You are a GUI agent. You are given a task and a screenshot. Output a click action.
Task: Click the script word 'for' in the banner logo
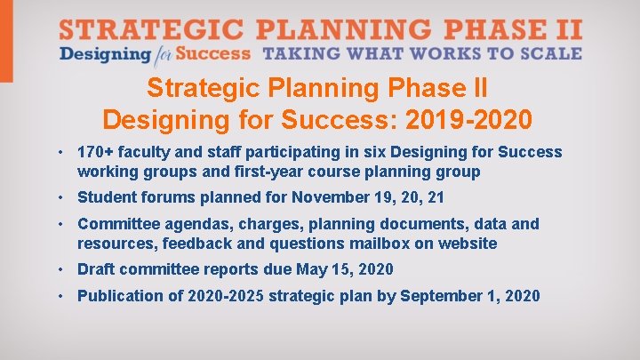click(x=161, y=55)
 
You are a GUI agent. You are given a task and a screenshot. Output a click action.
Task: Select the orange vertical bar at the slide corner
click(x=6, y=41)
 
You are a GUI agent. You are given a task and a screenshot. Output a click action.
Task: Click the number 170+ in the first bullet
click(x=95, y=152)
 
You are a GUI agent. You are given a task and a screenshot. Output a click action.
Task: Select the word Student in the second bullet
click(x=106, y=197)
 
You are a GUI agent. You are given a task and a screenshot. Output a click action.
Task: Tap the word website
click(x=468, y=243)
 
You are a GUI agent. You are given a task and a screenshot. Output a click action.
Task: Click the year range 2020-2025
click(x=228, y=295)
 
